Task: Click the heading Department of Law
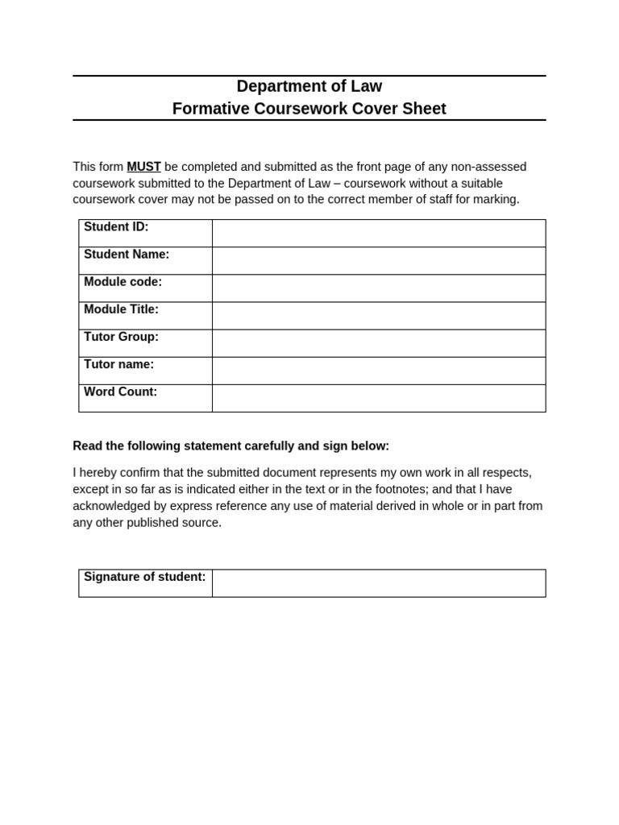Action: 309,86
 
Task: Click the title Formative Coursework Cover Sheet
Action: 309,109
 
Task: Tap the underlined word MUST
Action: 143,167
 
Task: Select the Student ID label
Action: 116,227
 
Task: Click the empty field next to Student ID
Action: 379,234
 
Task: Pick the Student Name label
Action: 127,255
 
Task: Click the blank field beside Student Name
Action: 379,261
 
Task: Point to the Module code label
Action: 123,282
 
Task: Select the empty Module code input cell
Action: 379,288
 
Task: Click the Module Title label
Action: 121,309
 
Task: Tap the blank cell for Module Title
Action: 379,316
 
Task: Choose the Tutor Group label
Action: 121,337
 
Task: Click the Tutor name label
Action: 118,364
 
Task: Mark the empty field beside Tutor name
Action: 379,371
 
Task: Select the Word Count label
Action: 120,392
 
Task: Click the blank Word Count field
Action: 379,398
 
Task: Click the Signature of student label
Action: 144,577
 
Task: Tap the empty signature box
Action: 379,583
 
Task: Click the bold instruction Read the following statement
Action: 231,446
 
